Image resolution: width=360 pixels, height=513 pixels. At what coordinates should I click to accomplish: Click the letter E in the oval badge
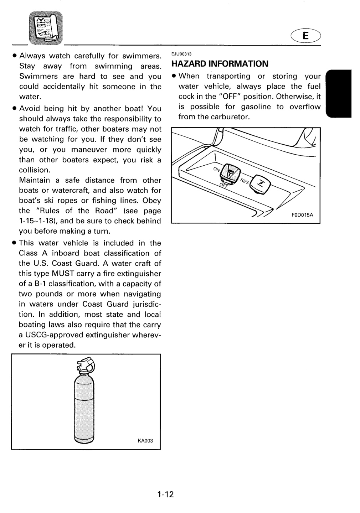point(305,36)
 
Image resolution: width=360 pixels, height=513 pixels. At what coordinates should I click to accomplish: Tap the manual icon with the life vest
point(46,28)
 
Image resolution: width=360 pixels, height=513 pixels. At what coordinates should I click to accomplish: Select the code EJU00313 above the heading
point(181,54)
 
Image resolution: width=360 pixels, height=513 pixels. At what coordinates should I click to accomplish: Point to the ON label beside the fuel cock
point(217,169)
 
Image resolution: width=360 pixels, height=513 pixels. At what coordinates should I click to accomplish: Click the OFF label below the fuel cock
point(223,186)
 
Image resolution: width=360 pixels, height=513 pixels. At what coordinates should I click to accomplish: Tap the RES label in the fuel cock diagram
point(244,181)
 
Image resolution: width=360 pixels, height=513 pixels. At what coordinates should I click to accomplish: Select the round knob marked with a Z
point(260,184)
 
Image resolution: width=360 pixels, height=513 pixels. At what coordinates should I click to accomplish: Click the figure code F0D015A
point(302,215)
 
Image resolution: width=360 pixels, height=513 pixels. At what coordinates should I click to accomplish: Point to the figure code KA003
point(145,441)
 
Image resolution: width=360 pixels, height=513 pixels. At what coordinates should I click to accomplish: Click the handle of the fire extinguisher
point(86,364)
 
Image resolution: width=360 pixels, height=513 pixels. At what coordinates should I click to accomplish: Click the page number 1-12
point(165,494)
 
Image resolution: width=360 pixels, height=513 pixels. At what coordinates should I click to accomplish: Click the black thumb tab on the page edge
point(339,93)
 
